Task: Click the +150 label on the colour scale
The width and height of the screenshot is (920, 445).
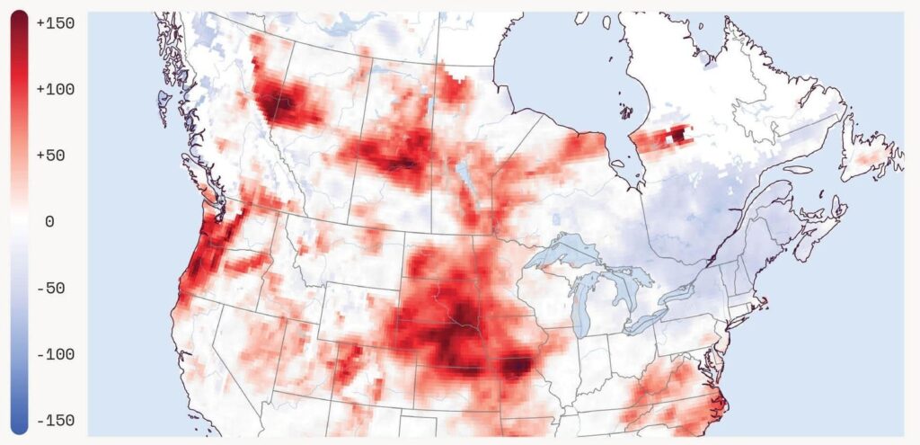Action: point(55,23)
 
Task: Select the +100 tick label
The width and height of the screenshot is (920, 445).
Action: point(55,90)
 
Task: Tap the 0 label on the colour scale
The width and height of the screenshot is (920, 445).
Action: point(49,222)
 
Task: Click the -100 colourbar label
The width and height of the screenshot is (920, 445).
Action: point(55,354)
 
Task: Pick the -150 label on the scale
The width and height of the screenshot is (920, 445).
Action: point(55,421)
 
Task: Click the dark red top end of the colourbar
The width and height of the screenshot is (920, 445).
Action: point(19,20)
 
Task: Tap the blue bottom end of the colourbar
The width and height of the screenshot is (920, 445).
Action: point(19,424)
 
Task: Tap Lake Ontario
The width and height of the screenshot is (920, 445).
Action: point(681,292)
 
